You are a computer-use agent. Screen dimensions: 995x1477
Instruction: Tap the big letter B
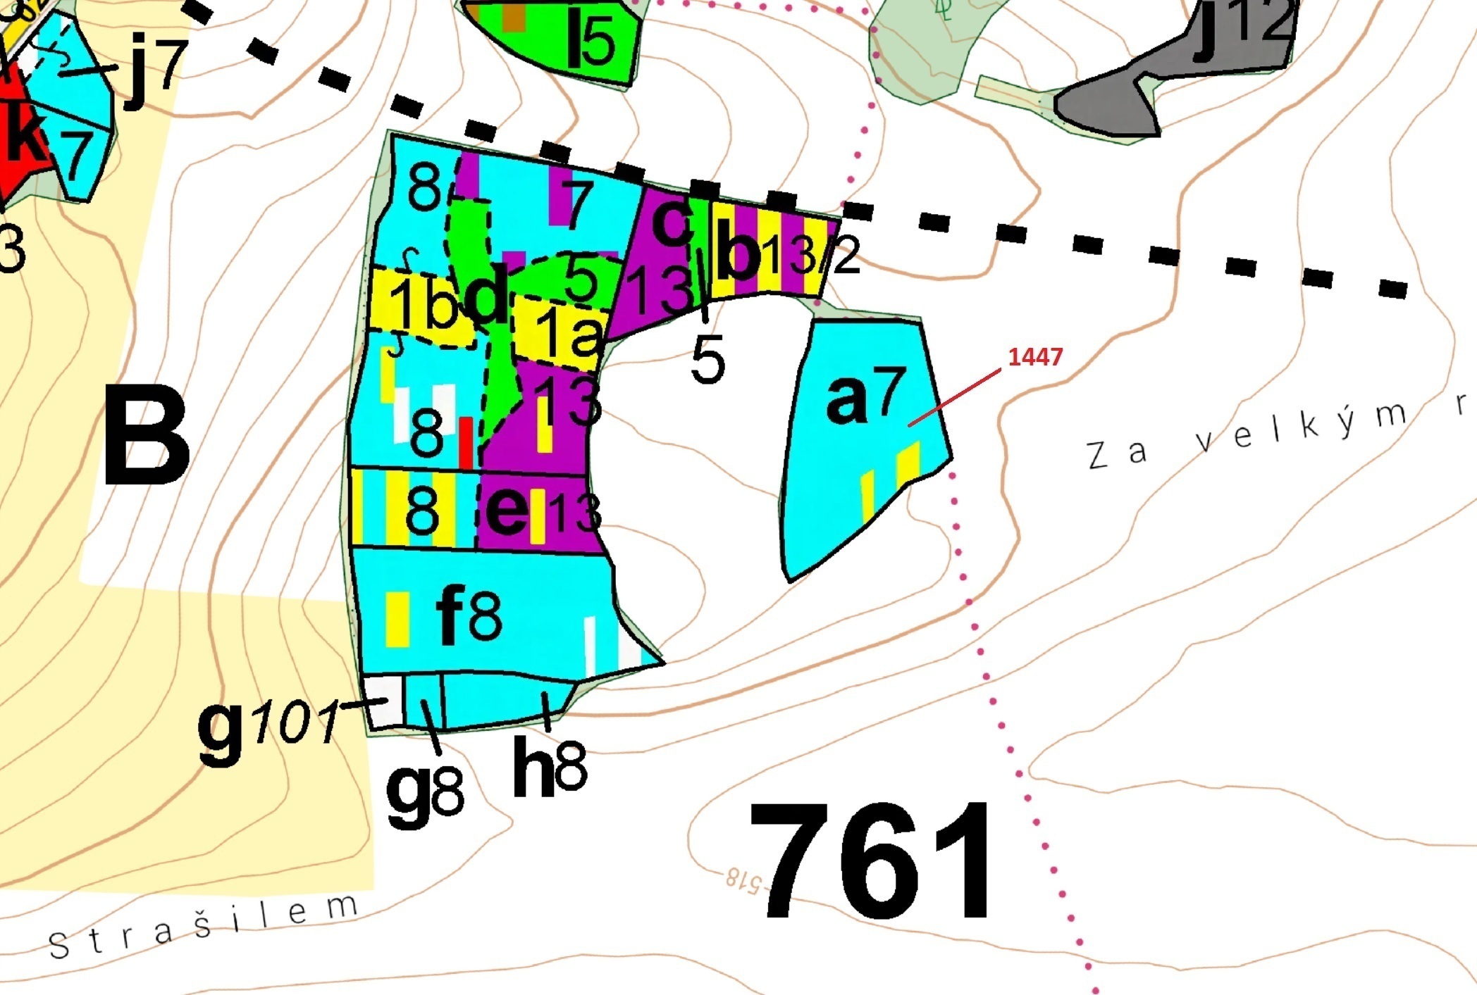(147, 438)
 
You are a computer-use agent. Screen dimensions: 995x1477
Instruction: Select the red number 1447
(1034, 357)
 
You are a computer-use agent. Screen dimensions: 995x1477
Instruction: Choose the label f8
(469, 616)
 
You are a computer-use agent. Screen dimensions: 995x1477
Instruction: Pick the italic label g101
(268, 730)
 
